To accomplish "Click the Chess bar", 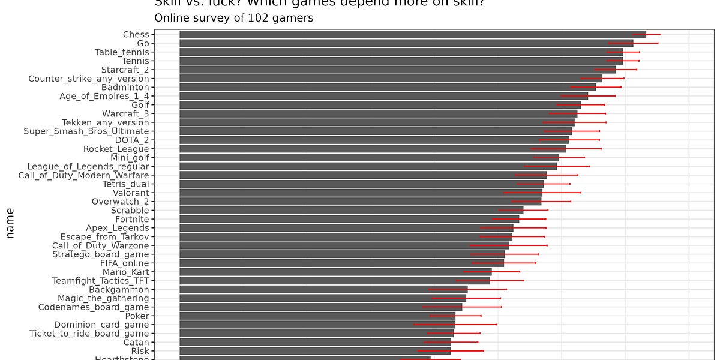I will (x=413, y=35).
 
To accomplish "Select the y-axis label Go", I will (x=143, y=43).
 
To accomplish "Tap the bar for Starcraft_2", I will (x=397, y=70).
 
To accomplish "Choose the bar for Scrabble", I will (x=351, y=210).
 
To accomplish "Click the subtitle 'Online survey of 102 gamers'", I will (x=234, y=18).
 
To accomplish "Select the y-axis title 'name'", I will (x=10, y=223).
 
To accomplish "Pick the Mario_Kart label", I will (x=125, y=272).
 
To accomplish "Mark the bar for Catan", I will (x=315, y=342).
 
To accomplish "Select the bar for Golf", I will (x=380, y=105).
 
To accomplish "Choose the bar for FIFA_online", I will (x=341, y=263).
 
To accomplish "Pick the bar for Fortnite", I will (x=349, y=219).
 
